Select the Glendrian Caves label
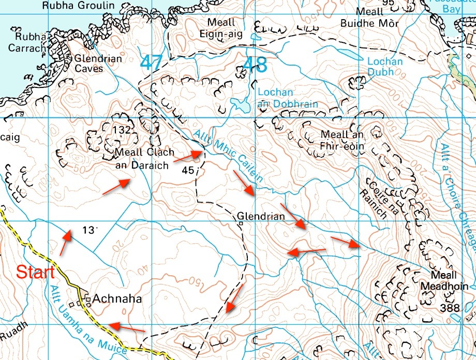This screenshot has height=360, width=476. pyautogui.click(x=98, y=64)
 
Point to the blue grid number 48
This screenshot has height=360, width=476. pyautogui.click(x=255, y=65)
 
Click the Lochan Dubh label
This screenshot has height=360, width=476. pyautogui.click(x=384, y=66)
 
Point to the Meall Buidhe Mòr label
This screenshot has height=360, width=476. pyautogui.click(x=369, y=18)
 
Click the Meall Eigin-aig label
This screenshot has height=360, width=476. pyautogui.click(x=221, y=28)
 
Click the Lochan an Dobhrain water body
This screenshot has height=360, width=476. pyautogui.click(x=240, y=106)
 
